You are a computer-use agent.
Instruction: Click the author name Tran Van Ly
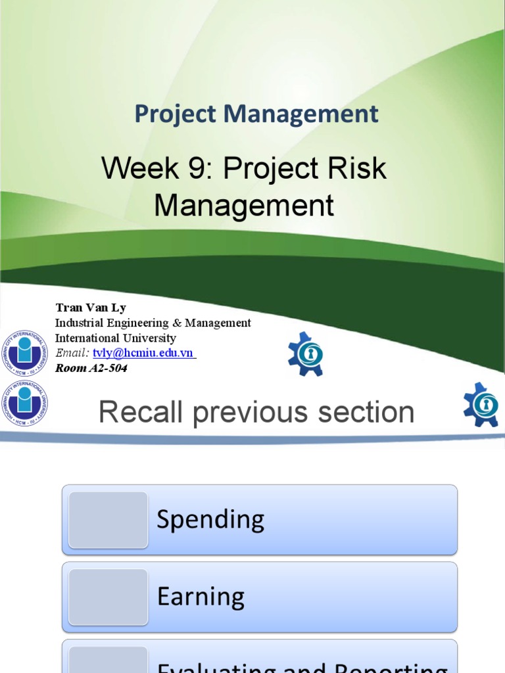click(91, 308)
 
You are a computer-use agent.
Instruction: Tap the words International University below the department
click(115, 338)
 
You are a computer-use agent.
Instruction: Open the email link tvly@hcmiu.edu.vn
click(143, 353)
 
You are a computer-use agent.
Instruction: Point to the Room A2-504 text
click(91, 368)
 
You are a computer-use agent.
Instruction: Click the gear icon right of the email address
click(306, 354)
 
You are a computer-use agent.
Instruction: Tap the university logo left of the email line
click(24, 353)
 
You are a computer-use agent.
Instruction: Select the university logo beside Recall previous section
click(24, 402)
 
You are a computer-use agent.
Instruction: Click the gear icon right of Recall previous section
click(481, 404)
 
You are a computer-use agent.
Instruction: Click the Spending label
click(210, 520)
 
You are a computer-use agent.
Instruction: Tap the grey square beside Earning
click(108, 597)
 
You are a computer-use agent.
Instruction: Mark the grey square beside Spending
click(108, 520)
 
